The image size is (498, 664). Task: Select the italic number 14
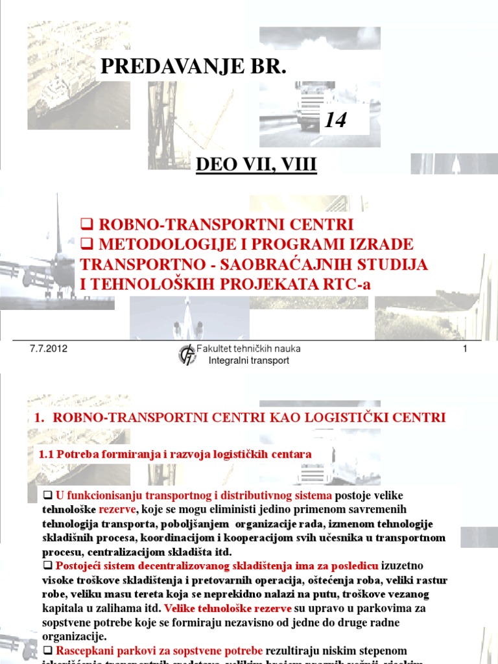pos(337,120)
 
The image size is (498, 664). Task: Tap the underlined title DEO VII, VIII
pos(256,165)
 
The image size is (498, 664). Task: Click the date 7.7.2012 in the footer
pos(49,349)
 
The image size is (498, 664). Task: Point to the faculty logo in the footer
pos(187,355)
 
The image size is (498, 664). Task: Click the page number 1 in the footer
pos(465,350)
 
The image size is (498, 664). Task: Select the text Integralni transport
pos(248,361)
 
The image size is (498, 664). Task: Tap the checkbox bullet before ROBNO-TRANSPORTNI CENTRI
pos(84,225)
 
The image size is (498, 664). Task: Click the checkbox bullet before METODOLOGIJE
pos(84,244)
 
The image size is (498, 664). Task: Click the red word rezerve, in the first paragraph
pos(117,510)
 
